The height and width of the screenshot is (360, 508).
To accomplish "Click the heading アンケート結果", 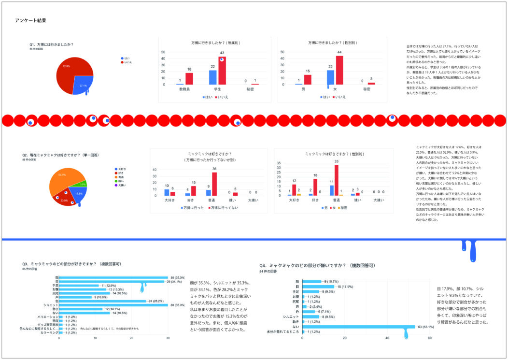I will [30, 21].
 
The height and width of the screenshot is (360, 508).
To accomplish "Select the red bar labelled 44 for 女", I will [339, 70].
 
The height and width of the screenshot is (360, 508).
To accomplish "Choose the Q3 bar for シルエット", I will [113, 305].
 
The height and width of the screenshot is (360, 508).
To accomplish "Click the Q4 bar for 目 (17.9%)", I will [319, 287].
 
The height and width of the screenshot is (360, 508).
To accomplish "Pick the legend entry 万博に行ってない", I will [220, 207].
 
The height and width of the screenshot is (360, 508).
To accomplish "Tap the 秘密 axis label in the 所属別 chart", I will [250, 89].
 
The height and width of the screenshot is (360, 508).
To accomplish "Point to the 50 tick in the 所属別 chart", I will [163, 52].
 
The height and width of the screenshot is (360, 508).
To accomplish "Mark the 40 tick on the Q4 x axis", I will [387, 338].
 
